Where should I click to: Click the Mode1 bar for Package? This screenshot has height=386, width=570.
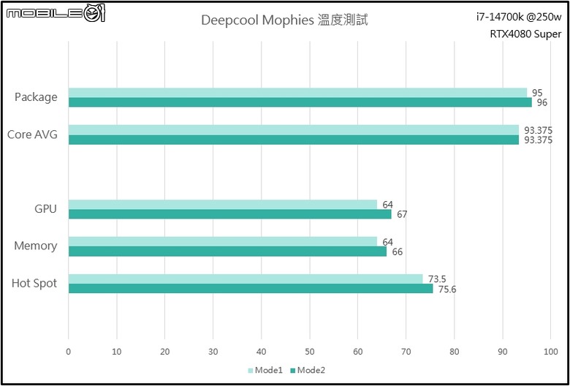(x=297, y=93)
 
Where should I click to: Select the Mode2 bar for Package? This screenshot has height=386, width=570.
(x=300, y=102)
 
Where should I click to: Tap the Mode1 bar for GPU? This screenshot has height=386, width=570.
(x=223, y=205)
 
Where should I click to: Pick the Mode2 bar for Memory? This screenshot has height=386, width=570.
(x=227, y=251)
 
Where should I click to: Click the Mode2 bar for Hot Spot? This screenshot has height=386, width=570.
(x=251, y=288)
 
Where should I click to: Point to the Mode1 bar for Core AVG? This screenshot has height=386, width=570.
(x=294, y=130)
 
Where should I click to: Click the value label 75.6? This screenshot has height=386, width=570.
(x=447, y=289)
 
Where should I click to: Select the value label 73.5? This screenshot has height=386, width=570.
(x=437, y=279)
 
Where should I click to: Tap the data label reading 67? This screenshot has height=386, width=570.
(x=402, y=214)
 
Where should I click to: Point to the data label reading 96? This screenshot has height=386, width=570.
(x=542, y=102)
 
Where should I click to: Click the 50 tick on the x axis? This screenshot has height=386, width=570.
(x=310, y=352)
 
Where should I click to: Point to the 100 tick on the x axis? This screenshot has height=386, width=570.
(x=550, y=352)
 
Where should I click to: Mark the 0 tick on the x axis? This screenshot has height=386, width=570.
(x=69, y=352)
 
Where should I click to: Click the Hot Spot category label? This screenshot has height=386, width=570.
(x=34, y=284)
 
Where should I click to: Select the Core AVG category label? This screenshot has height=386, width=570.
(x=32, y=135)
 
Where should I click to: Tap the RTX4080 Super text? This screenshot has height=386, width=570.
(x=525, y=34)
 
